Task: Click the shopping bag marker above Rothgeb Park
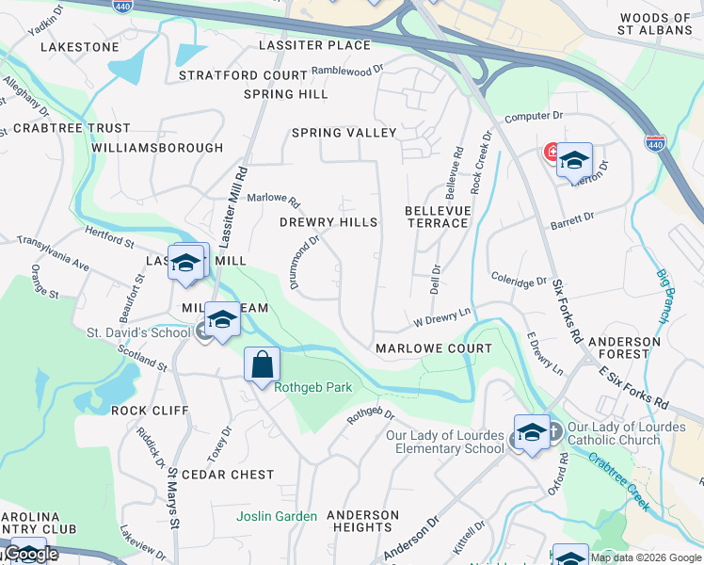[263, 364]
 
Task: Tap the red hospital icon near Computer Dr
[552, 152]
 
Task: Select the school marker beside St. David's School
[222, 318]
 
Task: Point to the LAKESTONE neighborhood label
[80, 46]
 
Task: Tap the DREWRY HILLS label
[328, 222]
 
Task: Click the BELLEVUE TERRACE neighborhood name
[437, 217]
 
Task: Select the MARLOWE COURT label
[433, 348]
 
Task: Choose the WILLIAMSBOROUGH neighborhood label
[157, 148]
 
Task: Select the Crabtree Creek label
[617, 480]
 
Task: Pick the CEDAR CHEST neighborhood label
[227, 475]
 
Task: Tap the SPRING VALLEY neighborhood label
[344, 133]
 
